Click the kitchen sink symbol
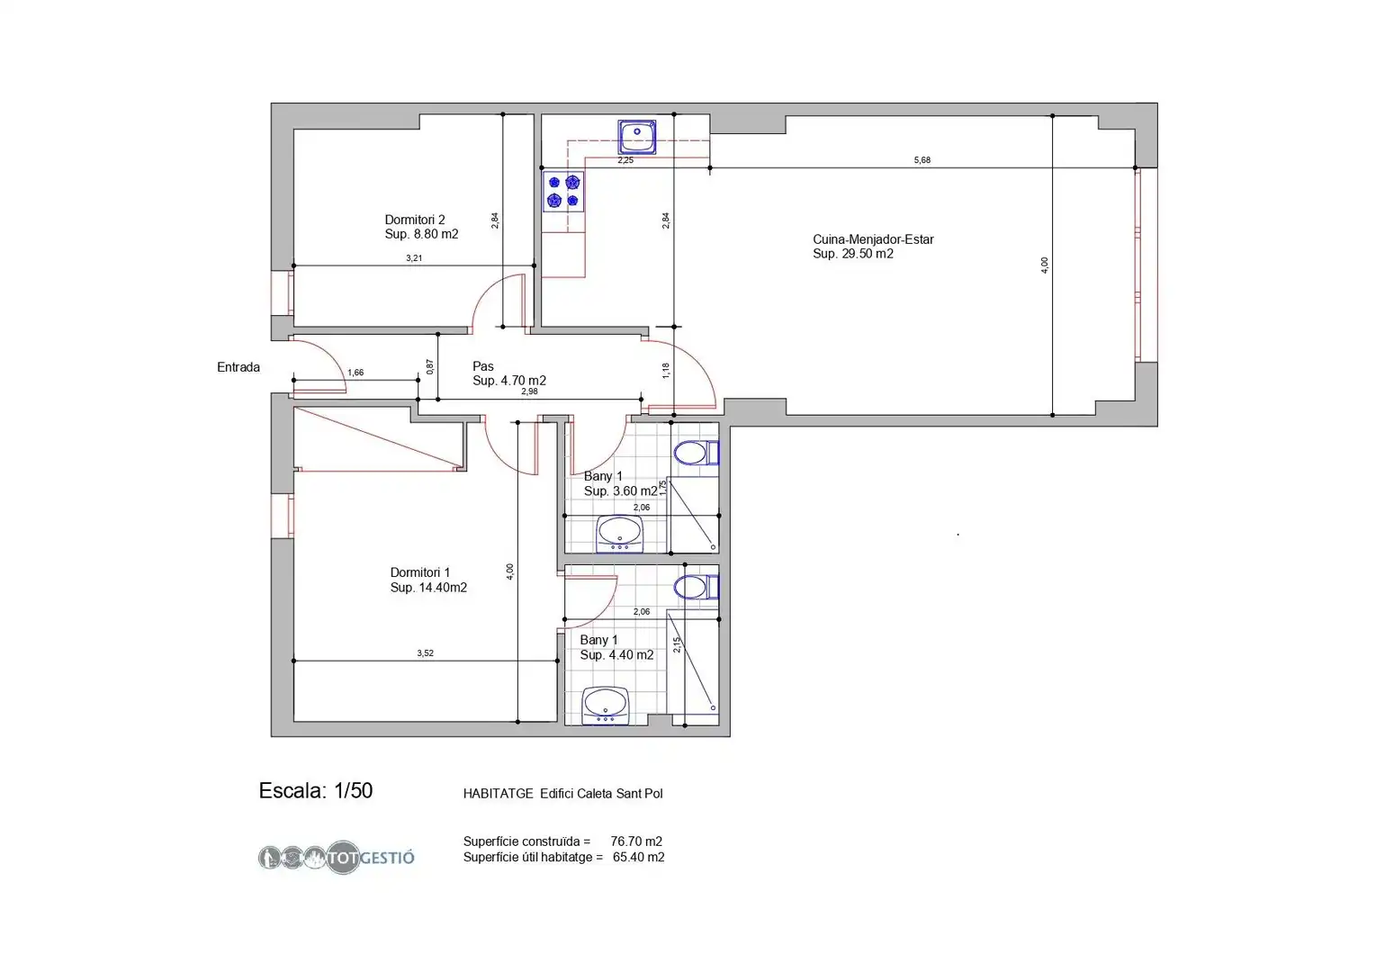[x=637, y=137]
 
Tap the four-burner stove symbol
[x=563, y=192]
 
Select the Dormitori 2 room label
[x=421, y=227]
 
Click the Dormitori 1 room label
[x=428, y=580]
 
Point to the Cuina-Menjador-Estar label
[x=873, y=247]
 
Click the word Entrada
[x=238, y=367]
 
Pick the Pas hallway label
[x=509, y=373]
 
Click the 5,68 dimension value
[x=922, y=160]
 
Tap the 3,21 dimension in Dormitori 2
[x=414, y=258]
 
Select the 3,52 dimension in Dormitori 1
[x=425, y=653]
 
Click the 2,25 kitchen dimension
[x=625, y=160]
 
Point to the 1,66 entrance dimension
[x=355, y=373]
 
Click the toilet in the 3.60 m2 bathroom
[x=696, y=454]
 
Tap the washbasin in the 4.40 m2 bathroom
[x=606, y=705]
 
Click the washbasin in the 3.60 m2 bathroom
[x=620, y=534]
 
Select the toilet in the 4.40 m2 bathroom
[x=696, y=587]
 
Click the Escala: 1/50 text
[x=316, y=791]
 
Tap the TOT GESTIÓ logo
[x=337, y=857]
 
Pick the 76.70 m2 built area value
[x=636, y=841]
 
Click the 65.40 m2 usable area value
[x=639, y=857]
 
